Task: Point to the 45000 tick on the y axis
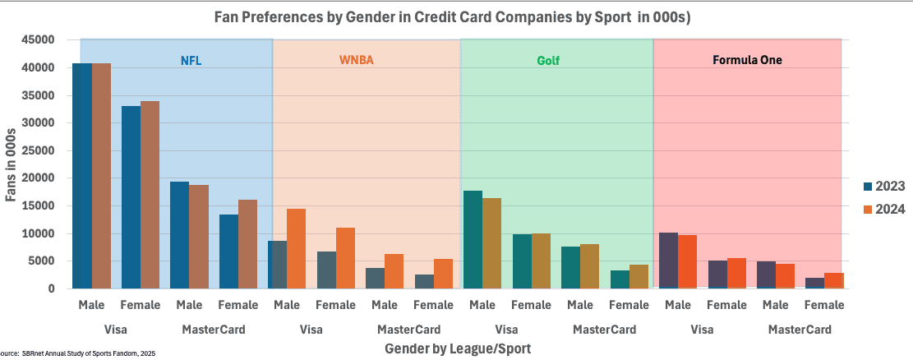pyautogui.click(x=39, y=39)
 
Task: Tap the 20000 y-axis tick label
pyautogui.click(x=39, y=178)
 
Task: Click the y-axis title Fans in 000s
pyautogui.click(x=12, y=164)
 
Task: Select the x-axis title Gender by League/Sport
pyautogui.click(x=458, y=348)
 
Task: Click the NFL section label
pyautogui.click(x=191, y=60)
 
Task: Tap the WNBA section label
pyautogui.click(x=356, y=60)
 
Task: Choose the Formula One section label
pyautogui.click(x=748, y=60)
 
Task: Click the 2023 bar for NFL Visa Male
pyautogui.click(x=82, y=176)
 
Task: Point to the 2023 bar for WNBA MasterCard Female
pyautogui.click(x=424, y=281)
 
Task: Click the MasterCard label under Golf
pyautogui.click(x=604, y=330)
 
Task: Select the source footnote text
pyautogui.click(x=78, y=353)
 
